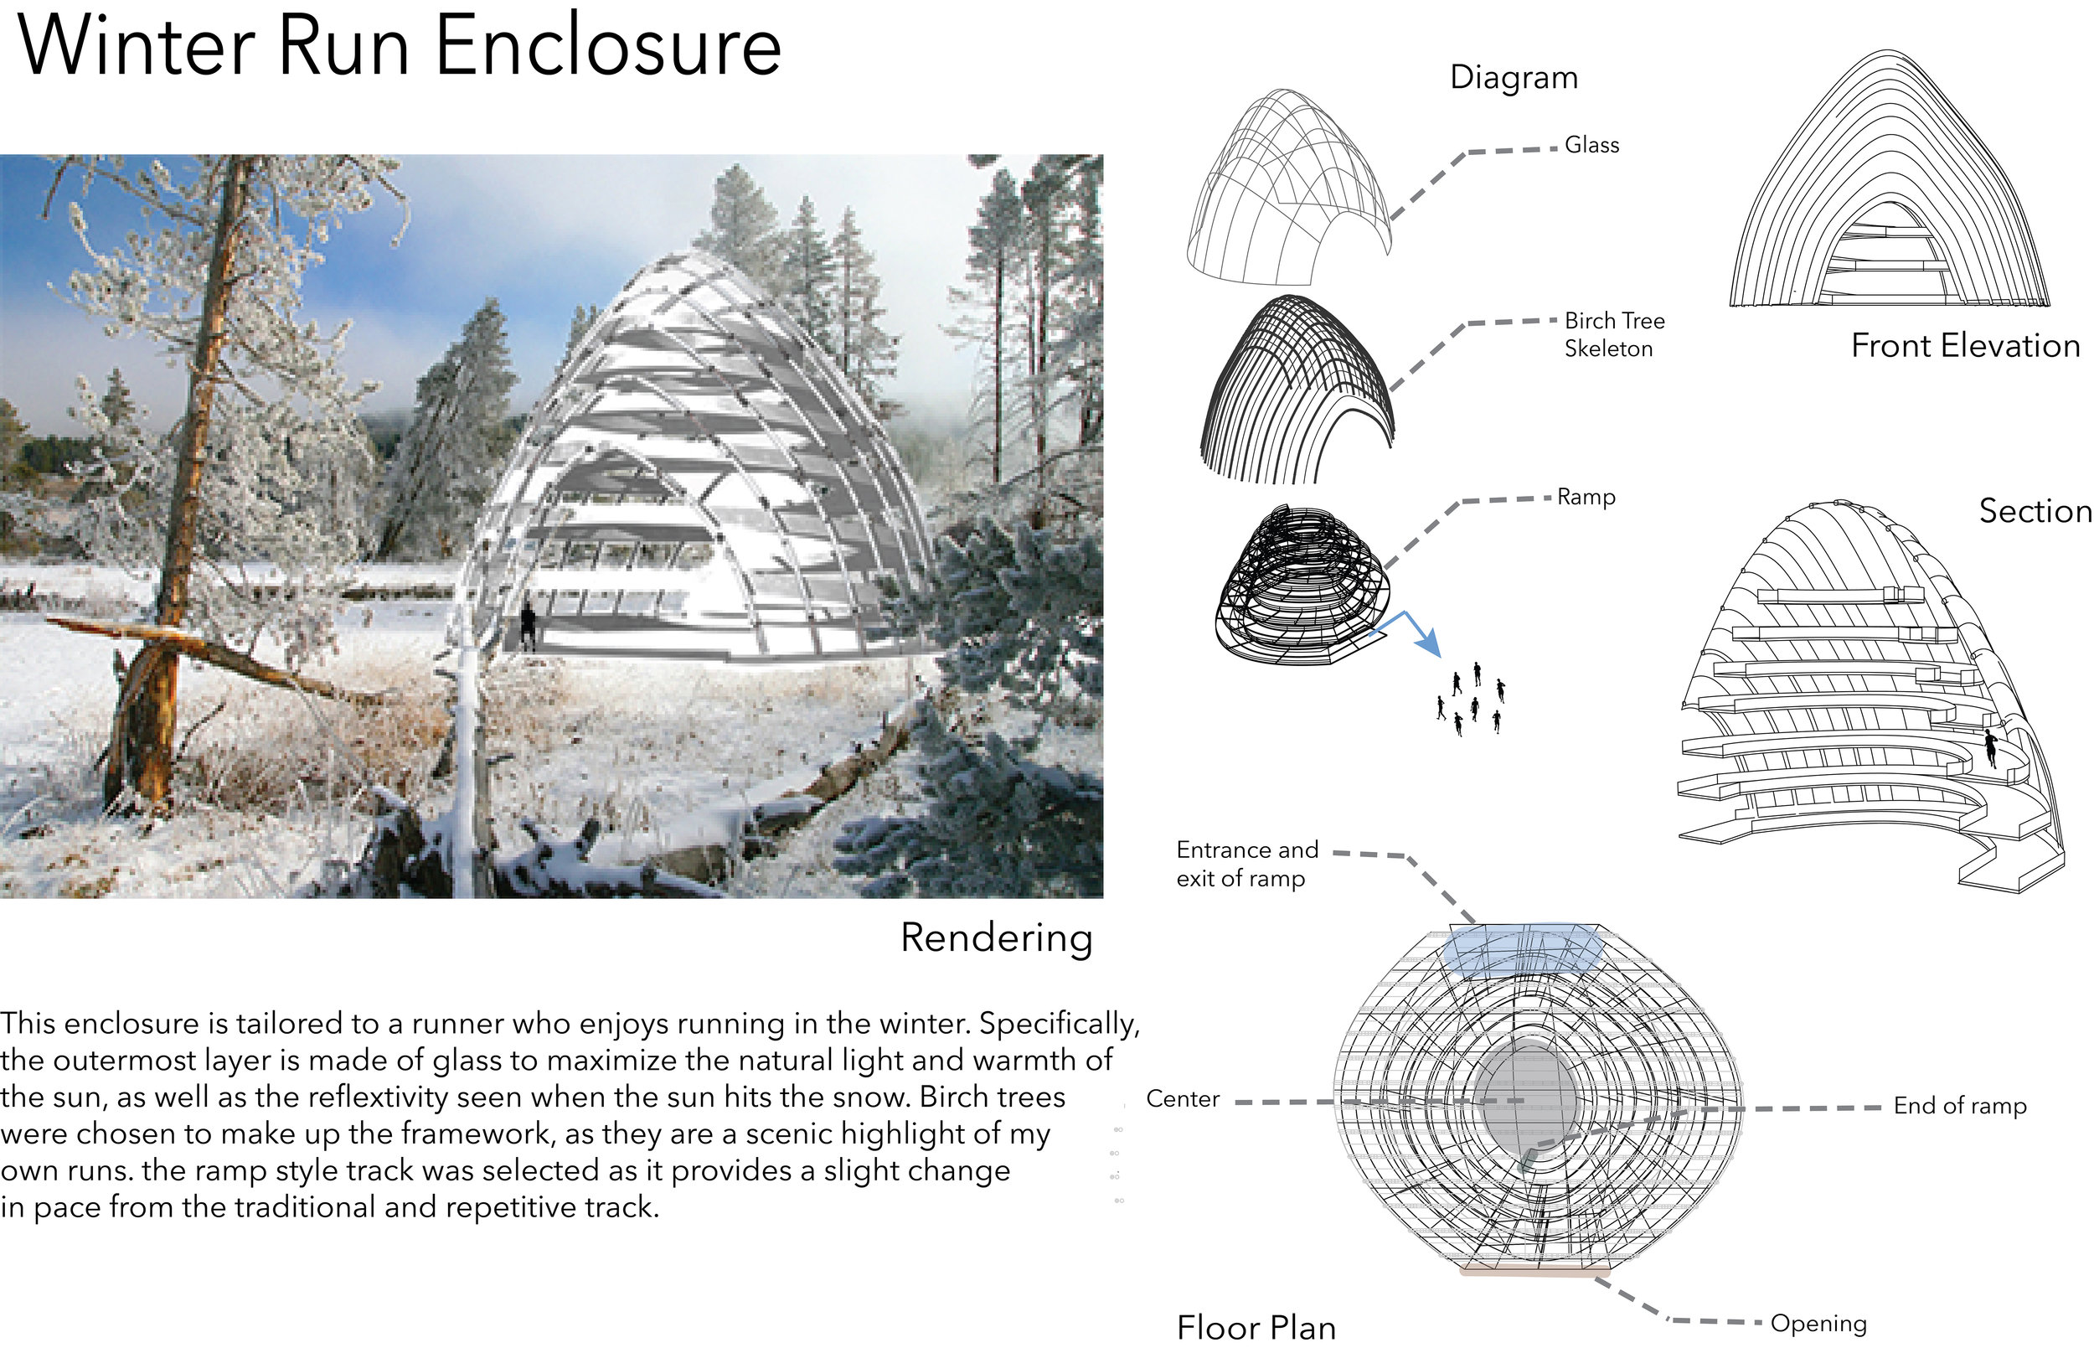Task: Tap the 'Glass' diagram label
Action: click(1591, 145)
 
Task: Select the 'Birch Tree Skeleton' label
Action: click(1613, 335)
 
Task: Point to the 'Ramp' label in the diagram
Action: click(1586, 498)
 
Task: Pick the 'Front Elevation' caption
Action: click(1965, 346)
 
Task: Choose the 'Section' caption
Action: click(2035, 511)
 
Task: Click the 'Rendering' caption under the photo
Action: click(996, 938)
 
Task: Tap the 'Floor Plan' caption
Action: click(1256, 1328)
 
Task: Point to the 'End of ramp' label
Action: click(1960, 1106)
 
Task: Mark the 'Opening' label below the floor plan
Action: click(1818, 1324)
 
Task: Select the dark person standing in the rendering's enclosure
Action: click(527, 626)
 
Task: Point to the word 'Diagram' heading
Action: click(1514, 77)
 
